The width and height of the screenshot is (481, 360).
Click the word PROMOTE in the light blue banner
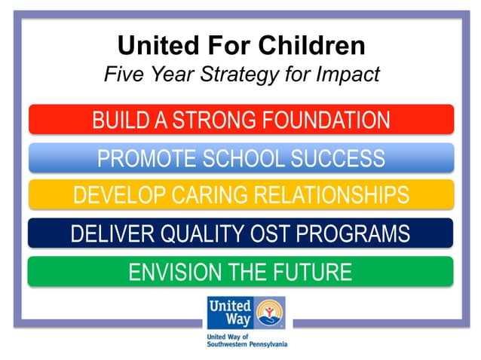145,158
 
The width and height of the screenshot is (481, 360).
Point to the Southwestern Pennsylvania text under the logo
247,343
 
